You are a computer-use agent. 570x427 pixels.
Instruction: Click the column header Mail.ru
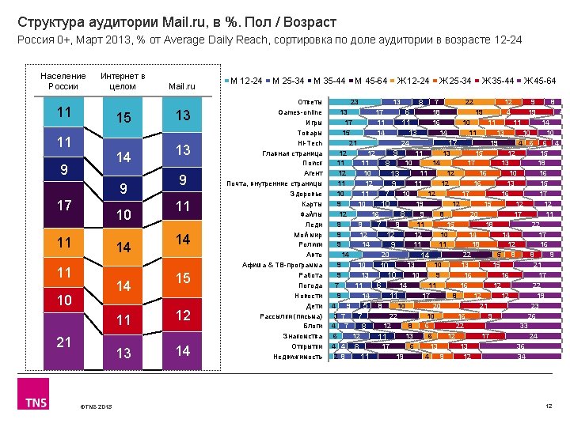tap(183, 85)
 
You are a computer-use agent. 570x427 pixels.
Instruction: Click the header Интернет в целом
tap(122, 81)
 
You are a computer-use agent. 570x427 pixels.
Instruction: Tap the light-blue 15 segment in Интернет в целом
tap(123, 118)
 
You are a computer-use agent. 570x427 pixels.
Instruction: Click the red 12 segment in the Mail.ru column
tap(183, 316)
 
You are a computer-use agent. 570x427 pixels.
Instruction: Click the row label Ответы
tap(310, 102)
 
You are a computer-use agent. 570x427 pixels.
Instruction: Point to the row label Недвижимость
tap(299, 357)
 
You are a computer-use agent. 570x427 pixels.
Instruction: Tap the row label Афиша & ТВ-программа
tap(290, 265)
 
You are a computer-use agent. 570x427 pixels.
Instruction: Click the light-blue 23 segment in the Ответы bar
tap(355, 102)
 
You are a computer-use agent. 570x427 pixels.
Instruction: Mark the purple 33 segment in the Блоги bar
tap(523, 326)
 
